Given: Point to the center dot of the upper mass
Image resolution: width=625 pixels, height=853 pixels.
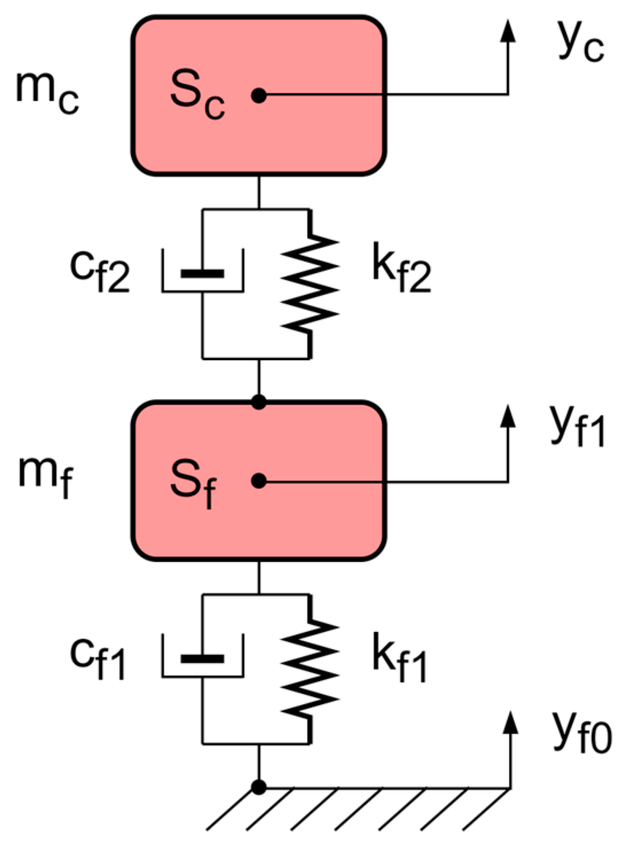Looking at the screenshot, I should pyautogui.click(x=259, y=95).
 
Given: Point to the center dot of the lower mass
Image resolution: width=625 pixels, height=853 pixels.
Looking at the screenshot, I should pyautogui.click(x=259, y=481).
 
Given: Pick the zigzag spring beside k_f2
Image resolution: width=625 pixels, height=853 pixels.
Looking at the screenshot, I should pyautogui.click(x=310, y=283).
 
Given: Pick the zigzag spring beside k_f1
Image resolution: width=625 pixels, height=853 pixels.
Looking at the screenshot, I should pyautogui.click(x=310, y=668).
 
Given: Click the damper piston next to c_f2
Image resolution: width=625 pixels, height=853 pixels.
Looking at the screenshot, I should pyautogui.click(x=202, y=273).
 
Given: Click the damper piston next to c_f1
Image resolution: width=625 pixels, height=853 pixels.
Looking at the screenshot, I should pyautogui.click(x=202, y=659).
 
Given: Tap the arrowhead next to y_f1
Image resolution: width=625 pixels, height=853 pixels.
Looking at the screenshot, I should pyautogui.click(x=508, y=416).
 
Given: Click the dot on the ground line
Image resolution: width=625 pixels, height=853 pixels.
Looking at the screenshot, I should pyautogui.click(x=259, y=787).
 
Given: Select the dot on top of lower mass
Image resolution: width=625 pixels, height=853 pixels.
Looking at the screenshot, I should pyautogui.click(x=259, y=402).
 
